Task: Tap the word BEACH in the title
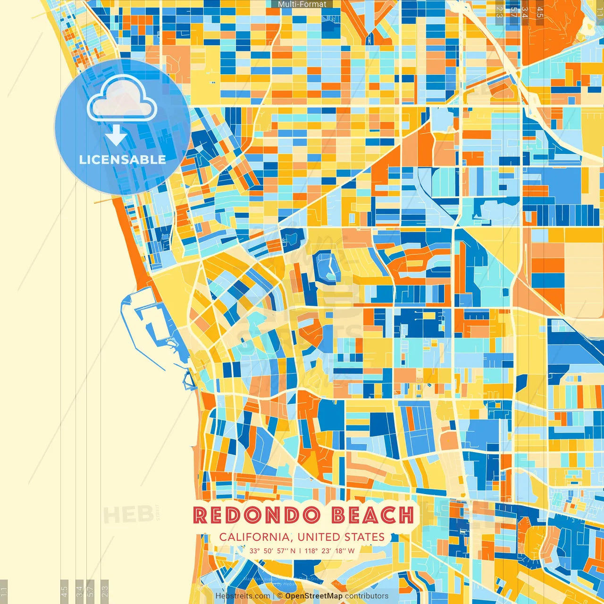[373, 515]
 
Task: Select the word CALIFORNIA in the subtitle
[255, 537]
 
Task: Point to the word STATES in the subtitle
[364, 537]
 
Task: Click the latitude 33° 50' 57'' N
[272, 551]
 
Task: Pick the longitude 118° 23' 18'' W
[329, 551]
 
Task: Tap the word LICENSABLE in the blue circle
[123, 159]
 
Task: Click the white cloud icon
[122, 99]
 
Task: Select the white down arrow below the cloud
[116, 136]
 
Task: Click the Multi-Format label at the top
[302, 4]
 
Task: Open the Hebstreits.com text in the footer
[243, 596]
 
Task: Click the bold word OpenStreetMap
[314, 596]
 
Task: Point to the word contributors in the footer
[367, 596]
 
